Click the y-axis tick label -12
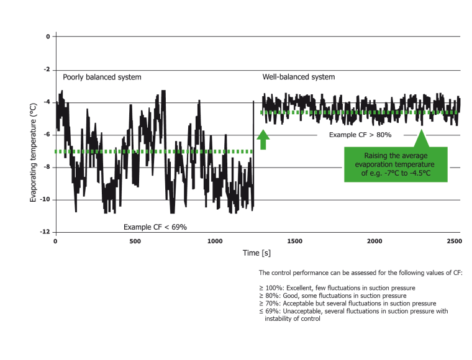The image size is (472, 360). coord(45,232)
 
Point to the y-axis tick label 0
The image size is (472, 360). coord(47,37)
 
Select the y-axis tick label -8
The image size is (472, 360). coord(47,167)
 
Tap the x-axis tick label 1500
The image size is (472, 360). coord(294,240)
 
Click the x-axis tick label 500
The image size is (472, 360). coord(135,240)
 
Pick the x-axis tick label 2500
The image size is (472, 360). coord(454,240)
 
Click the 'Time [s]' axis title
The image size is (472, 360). coord(256,253)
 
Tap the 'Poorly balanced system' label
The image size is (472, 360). coord(102,77)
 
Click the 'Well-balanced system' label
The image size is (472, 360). coord(298,77)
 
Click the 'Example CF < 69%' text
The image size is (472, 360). coord(155,227)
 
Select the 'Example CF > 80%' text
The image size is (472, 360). coord(360,134)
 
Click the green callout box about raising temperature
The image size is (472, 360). coord(396,164)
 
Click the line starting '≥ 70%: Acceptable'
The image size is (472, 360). coord(347,303)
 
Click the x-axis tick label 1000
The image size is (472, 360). coord(215,240)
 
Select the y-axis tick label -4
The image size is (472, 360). coord(47,102)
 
